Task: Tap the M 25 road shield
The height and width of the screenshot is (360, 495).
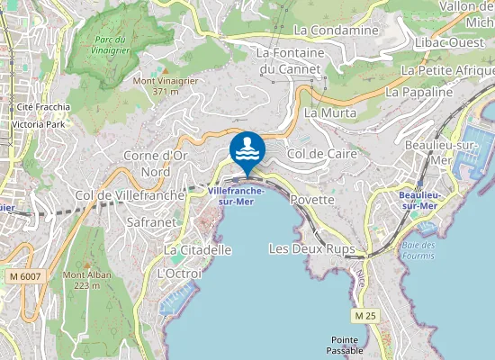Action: tap(364, 316)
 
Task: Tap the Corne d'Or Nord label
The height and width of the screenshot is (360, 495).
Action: tap(155, 163)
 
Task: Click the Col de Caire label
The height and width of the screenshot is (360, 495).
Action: tap(322, 154)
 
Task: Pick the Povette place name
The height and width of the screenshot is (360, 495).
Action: tap(313, 199)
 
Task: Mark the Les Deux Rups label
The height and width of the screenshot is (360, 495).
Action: tap(311, 247)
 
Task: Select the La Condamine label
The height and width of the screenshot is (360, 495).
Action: tap(337, 31)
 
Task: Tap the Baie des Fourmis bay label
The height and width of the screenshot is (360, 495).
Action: tap(418, 250)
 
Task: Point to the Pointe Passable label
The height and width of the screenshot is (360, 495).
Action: tap(344, 345)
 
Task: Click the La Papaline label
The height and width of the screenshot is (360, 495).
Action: tap(418, 92)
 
